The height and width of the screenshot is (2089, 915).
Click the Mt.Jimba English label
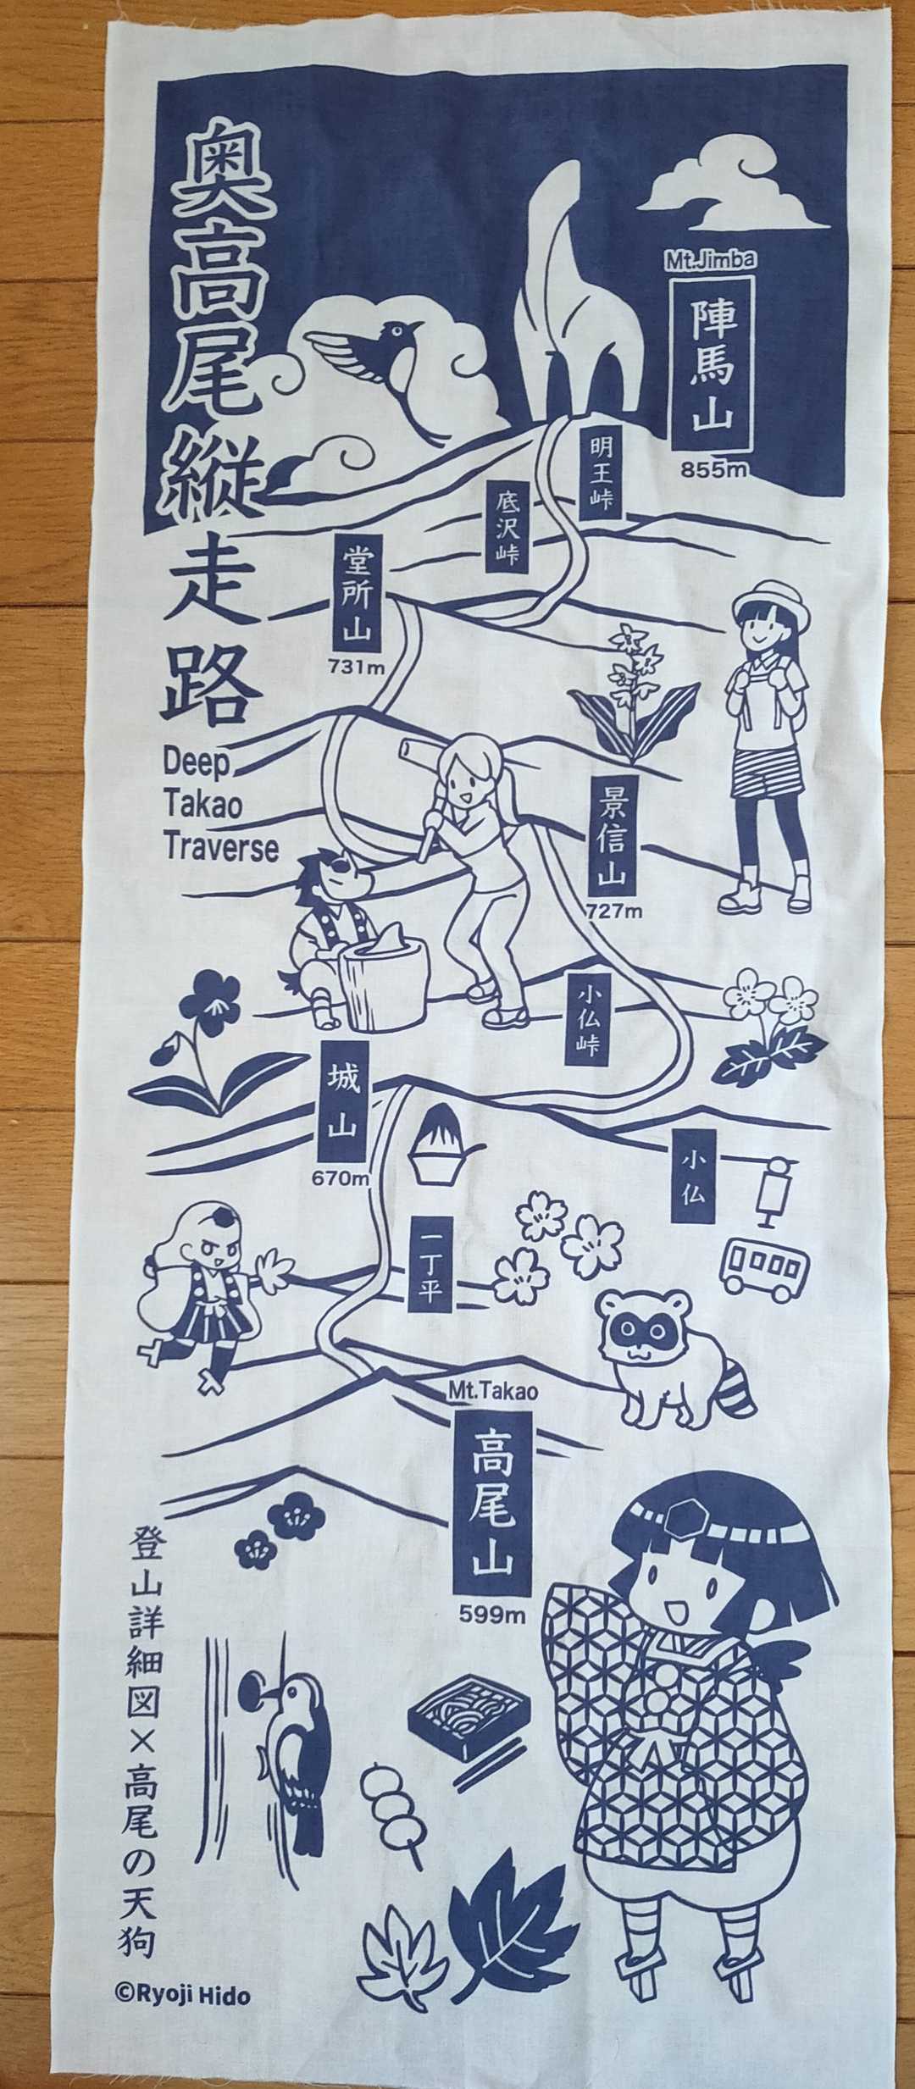tap(709, 260)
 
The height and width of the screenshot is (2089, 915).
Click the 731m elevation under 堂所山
tap(357, 667)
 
